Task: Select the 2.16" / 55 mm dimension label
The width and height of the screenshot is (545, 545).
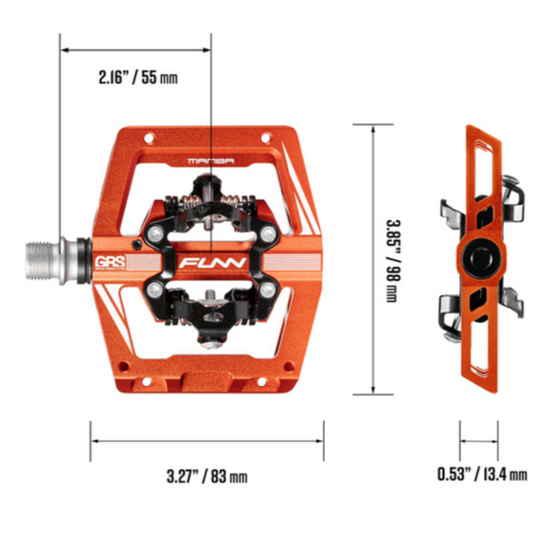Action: pyautogui.click(x=138, y=77)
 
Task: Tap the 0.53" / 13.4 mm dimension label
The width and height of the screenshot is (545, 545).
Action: pyautogui.click(x=482, y=474)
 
